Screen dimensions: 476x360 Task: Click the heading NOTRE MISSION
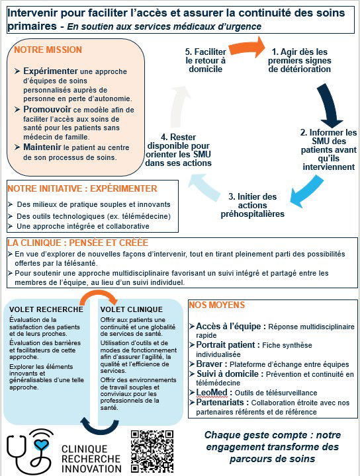[x=48, y=50]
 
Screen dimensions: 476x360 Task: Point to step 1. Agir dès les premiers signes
[x=301, y=59]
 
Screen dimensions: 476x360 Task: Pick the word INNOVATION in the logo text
[x=91, y=467]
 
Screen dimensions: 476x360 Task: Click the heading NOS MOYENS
[x=217, y=305]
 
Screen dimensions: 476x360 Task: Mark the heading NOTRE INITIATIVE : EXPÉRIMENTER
[x=82, y=188]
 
